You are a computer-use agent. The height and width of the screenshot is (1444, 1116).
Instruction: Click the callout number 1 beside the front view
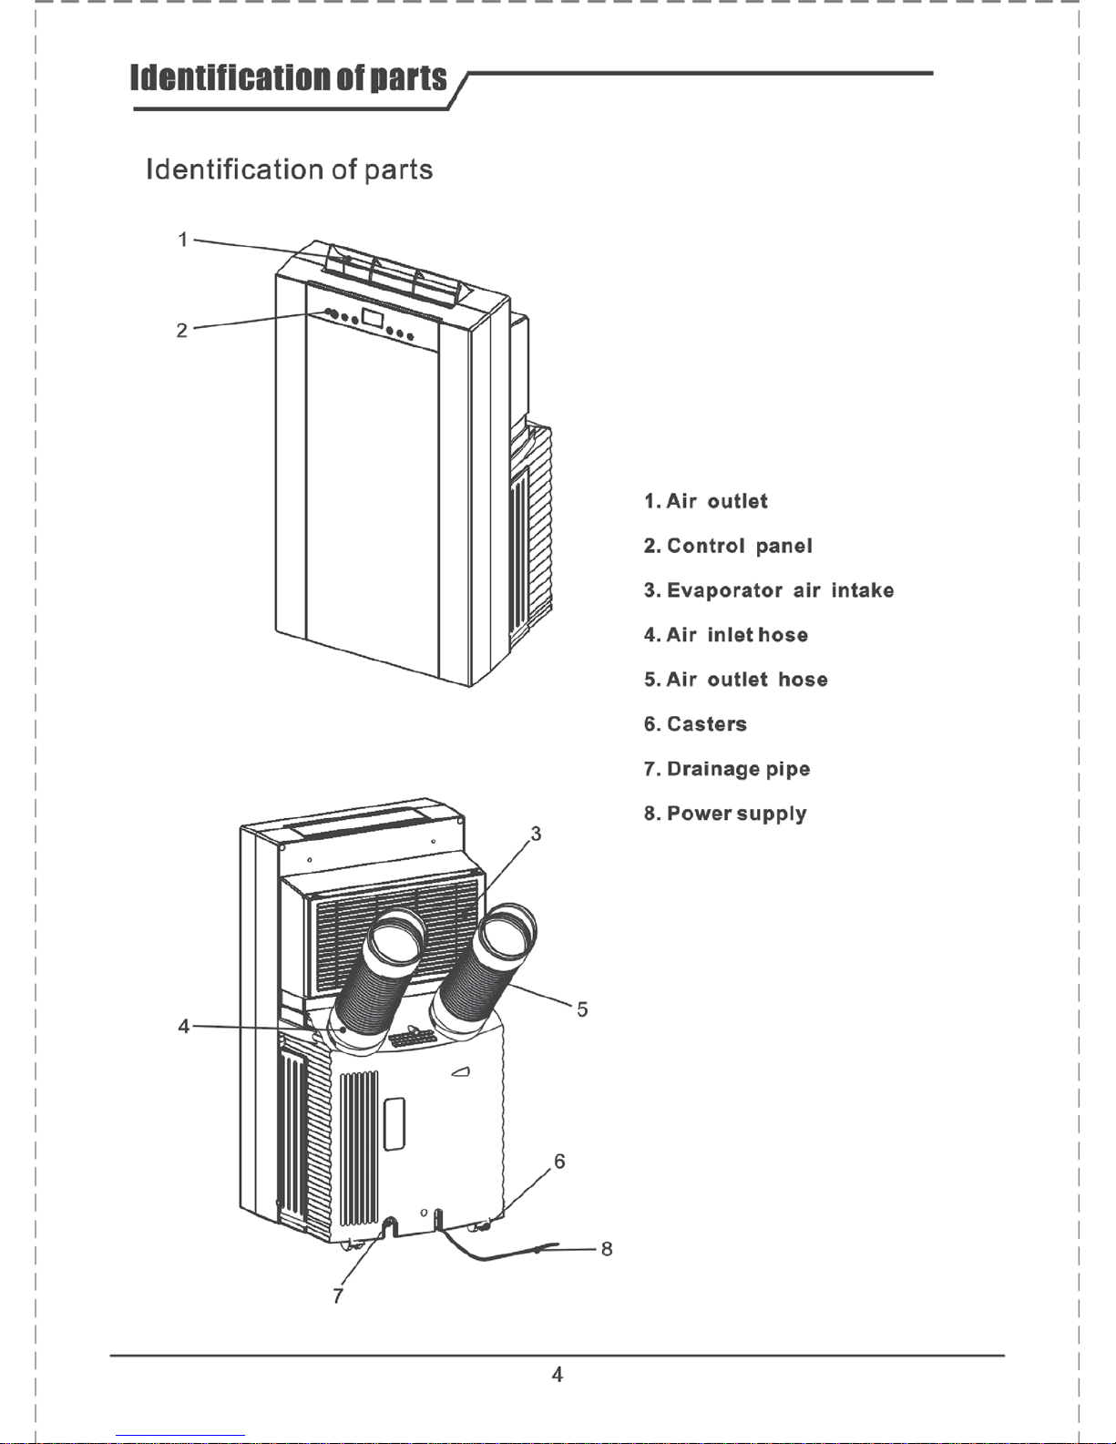pos(183,240)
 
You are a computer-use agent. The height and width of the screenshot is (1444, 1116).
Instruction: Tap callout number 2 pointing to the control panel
pos(182,331)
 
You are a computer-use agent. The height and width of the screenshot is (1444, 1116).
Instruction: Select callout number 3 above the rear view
pos(536,834)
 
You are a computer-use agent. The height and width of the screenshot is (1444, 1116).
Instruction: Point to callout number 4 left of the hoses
pos(184,1026)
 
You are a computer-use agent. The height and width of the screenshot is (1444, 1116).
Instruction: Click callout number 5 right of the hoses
pos(582,1009)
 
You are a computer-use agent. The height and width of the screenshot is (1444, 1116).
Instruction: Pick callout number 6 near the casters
pos(560,1161)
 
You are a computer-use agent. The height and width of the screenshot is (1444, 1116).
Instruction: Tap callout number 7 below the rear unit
pos(338,1296)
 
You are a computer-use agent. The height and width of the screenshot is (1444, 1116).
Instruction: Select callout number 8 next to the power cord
pos(607,1249)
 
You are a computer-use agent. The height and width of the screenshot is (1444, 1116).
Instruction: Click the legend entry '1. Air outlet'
pos(705,501)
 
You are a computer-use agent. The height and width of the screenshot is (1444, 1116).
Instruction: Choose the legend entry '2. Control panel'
pos(728,546)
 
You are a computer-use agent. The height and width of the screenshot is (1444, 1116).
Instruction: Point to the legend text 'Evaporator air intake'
pos(781,590)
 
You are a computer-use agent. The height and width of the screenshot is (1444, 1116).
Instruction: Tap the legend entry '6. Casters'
pos(695,723)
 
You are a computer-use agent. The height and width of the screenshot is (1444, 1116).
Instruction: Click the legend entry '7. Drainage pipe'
pos(727,769)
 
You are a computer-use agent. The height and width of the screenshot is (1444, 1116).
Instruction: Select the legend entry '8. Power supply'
pos(725,814)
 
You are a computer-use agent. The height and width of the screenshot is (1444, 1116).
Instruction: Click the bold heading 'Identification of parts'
pos(289,77)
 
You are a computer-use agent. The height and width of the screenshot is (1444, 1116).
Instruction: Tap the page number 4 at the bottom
pos(558,1374)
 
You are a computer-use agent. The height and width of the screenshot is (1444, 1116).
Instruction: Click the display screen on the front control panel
pos(373,318)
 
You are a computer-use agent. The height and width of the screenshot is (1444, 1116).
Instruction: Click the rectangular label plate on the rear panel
pos(394,1123)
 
